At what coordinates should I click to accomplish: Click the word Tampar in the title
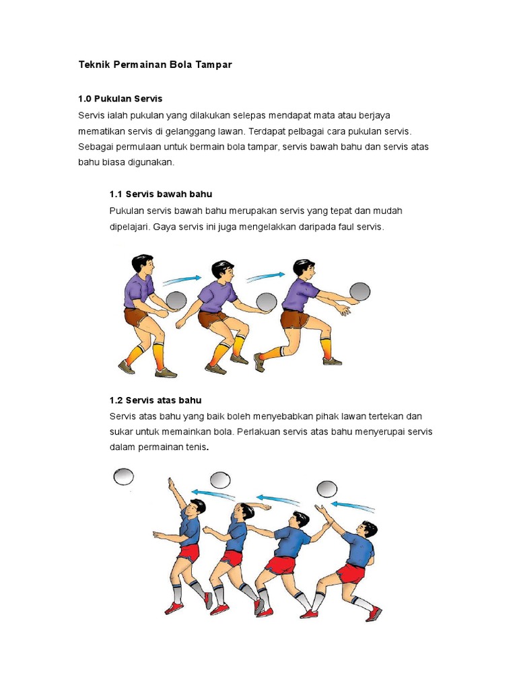[x=213, y=65]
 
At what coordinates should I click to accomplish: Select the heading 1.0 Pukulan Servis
[x=120, y=99]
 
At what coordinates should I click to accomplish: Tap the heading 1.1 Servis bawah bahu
[x=161, y=194]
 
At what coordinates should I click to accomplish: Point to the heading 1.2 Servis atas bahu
[x=156, y=400]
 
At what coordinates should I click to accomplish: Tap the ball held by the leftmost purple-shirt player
[x=177, y=300]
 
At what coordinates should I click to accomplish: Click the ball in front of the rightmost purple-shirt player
[x=359, y=291]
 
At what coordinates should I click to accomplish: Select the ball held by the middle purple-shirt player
[x=267, y=302]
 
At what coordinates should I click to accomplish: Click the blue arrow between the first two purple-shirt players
[x=182, y=279]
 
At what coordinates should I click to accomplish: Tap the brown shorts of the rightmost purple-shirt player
[x=295, y=318]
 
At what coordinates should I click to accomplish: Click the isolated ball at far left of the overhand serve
[x=124, y=477]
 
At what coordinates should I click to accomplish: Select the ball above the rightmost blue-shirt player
[x=327, y=489]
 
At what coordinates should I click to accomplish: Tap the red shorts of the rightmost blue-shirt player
[x=351, y=573]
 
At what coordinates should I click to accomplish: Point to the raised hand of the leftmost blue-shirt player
[x=171, y=484]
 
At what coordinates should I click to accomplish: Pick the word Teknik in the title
[x=94, y=65]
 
